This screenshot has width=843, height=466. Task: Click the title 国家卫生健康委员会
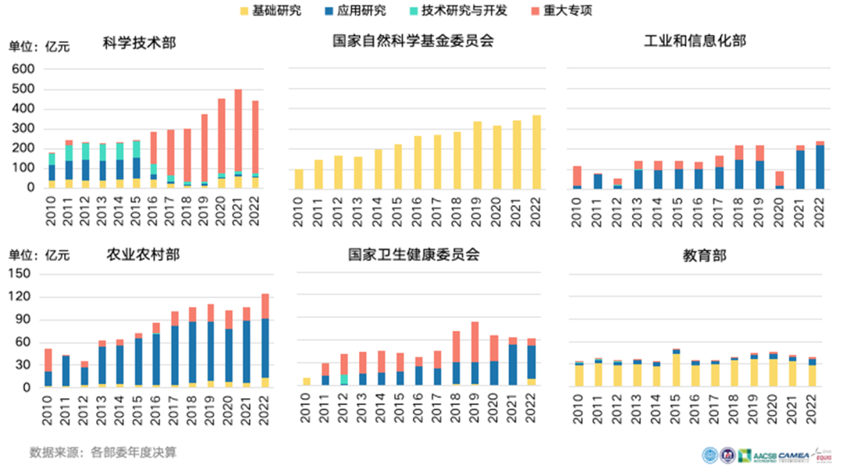(x=414, y=254)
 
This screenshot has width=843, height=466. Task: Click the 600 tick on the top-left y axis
(x=24, y=69)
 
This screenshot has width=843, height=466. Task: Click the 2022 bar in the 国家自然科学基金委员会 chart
(x=536, y=151)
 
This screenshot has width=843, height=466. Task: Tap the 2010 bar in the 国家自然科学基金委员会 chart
(x=298, y=179)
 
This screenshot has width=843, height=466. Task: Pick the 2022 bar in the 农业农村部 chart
(x=265, y=340)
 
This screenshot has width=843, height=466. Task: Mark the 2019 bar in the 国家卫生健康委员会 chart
(x=475, y=354)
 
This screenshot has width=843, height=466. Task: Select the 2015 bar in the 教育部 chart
(x=676, y=368)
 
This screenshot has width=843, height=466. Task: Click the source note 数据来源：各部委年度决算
(x=103, y=452)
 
